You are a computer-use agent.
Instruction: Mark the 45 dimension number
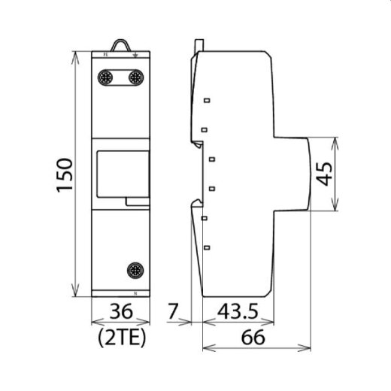coord(325,174)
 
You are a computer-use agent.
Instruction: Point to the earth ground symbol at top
coord(134,54)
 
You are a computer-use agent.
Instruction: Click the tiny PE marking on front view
coord(106,54)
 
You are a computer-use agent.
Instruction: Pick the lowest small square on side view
coord(205,245)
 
